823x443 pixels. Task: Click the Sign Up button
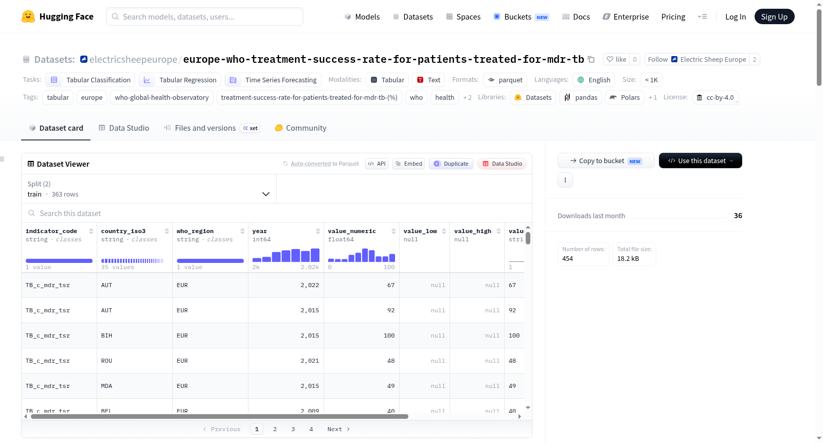tap(774, 16)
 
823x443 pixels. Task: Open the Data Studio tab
tap(124, 128)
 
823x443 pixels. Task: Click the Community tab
tap(300, 128)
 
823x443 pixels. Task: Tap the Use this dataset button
tap(700, 161)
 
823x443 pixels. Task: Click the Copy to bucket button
tap(606, 161)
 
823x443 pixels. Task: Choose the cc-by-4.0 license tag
tap(715, 97)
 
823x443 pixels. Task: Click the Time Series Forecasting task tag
tap(273, 80)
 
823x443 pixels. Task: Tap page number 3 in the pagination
tap(293, 429)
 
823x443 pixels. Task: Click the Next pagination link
tap(338, 429)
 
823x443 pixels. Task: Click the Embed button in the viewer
tap(408, 164)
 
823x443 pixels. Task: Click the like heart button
tap(616, 59)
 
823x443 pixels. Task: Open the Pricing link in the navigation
tap(673, 16)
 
